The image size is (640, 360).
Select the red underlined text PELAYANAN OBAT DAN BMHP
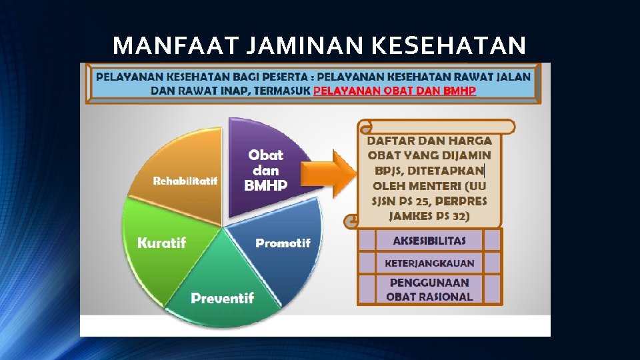pyautogui.click(x=395, y=91)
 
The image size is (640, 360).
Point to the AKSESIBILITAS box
pyautogui.click(x=429, y=241)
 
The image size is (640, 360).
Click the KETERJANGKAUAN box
pyautogui.click(x=429, y=263)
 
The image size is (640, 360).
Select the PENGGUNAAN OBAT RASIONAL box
pyautogui.click(x=429, y=289)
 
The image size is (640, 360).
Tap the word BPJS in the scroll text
pyautogui.click(x=385, y=171)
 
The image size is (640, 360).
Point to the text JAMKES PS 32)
pyautogui.click(x=429, y=215)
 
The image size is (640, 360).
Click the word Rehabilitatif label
pyautogui.click(x=185, y=181)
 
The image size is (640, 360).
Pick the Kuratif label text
pyautogui.click(x=161, y=243)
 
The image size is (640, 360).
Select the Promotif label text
pyautogui.click(x=283, y=243)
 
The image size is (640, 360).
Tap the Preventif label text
pyautogui.click(x=222, y=298)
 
